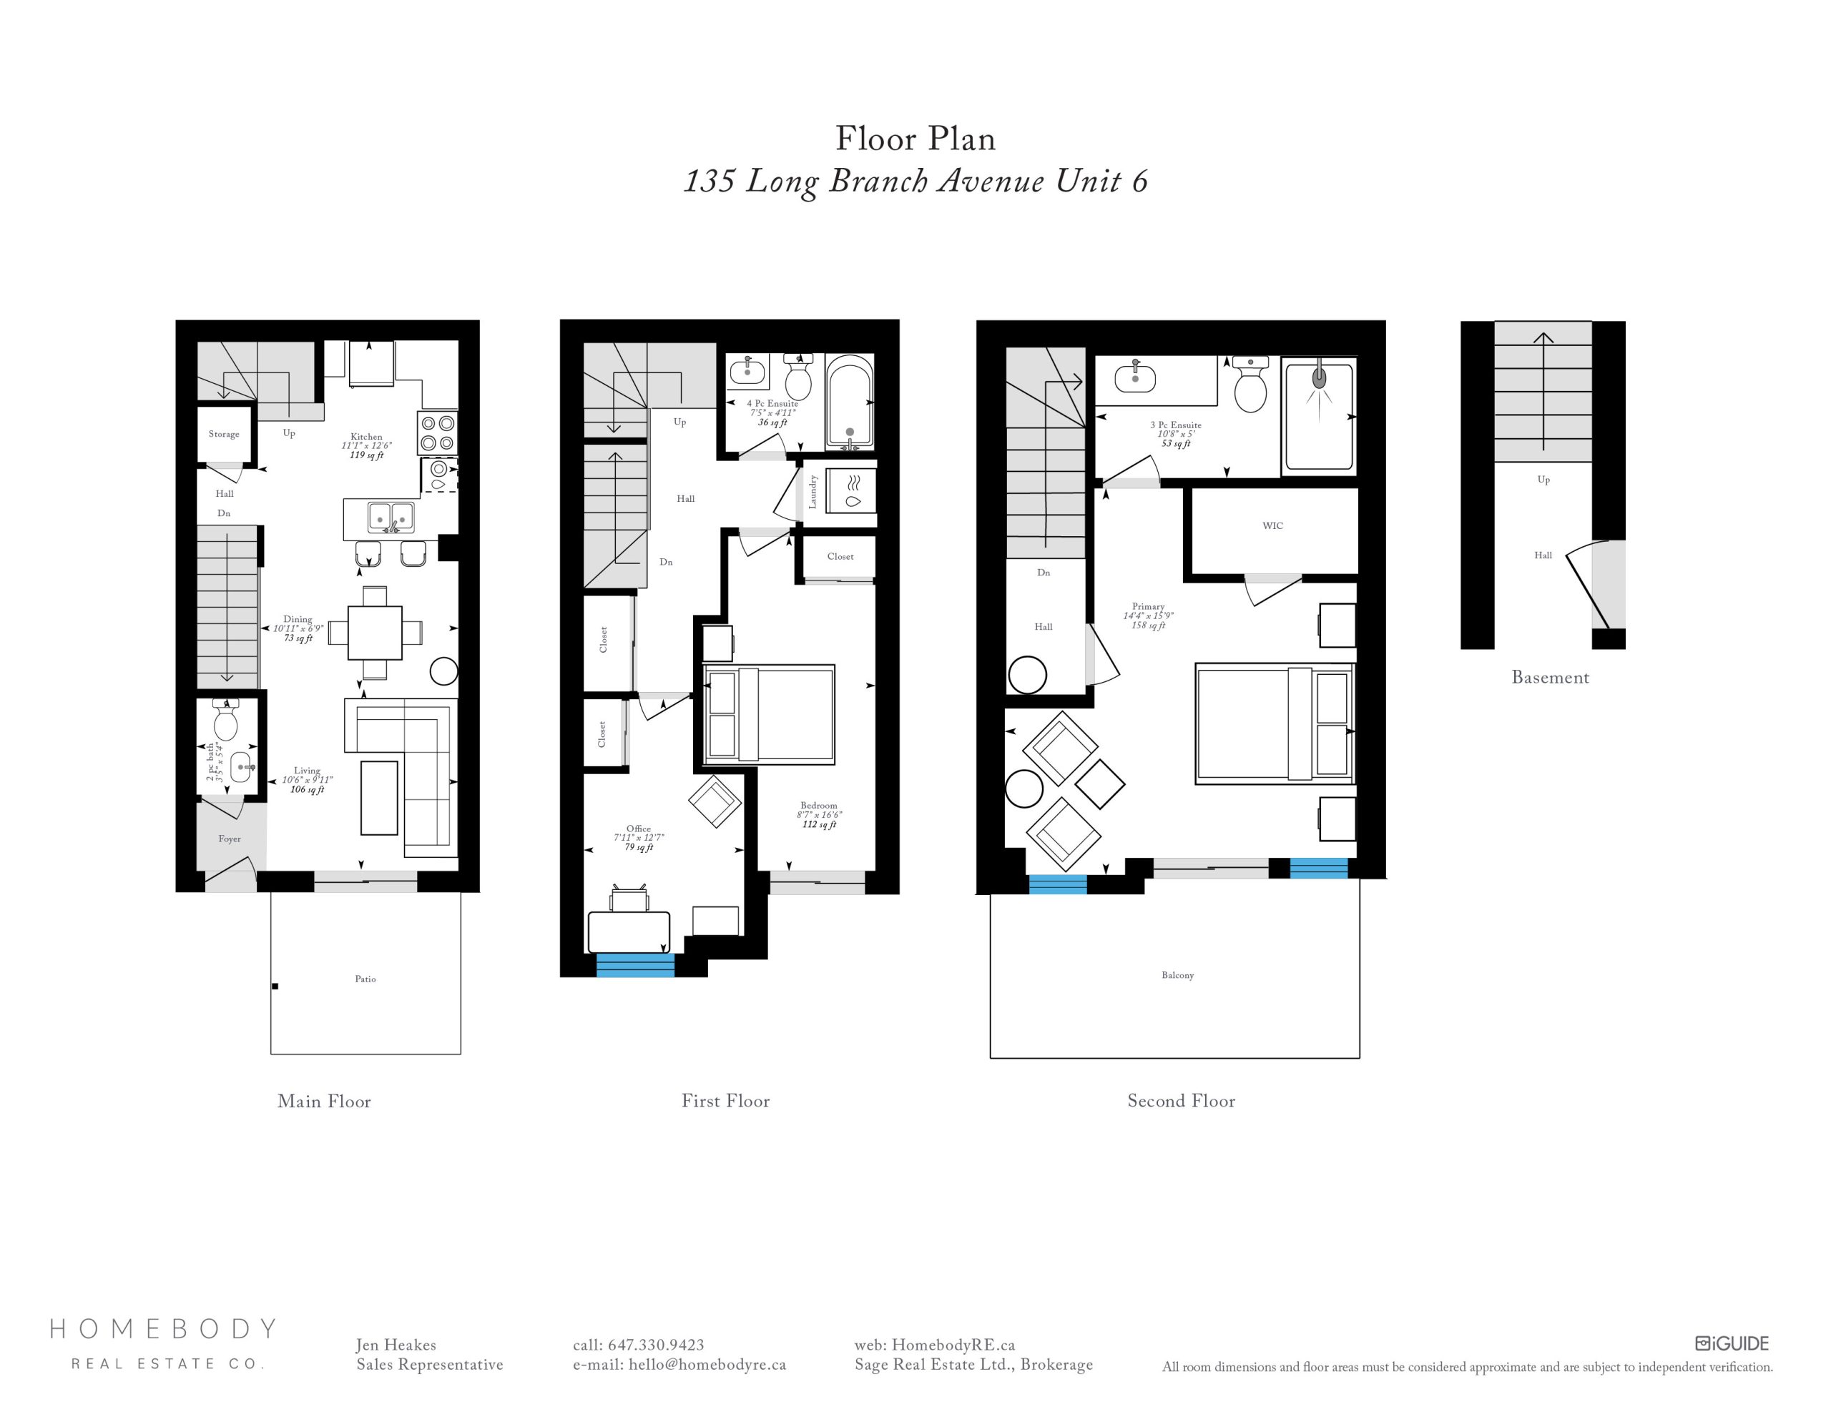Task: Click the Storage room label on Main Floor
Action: [224, 434]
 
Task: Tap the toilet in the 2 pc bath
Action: [225, 720]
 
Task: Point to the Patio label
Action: [365, 979]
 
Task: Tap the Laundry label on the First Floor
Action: [813, 492]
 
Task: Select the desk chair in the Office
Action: [629, 899]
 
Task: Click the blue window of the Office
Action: [634, 966]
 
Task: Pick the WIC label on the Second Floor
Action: [1272, 525]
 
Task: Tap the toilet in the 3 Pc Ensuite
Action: [1250, 385]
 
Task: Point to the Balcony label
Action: [1178, 975]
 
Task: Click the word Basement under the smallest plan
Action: [1550, 677]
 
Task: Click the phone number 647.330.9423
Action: [656, 1345]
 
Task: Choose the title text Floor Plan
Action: [915, 139]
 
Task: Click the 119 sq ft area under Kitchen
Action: [366, 455]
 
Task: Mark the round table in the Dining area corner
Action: [443, 671]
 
